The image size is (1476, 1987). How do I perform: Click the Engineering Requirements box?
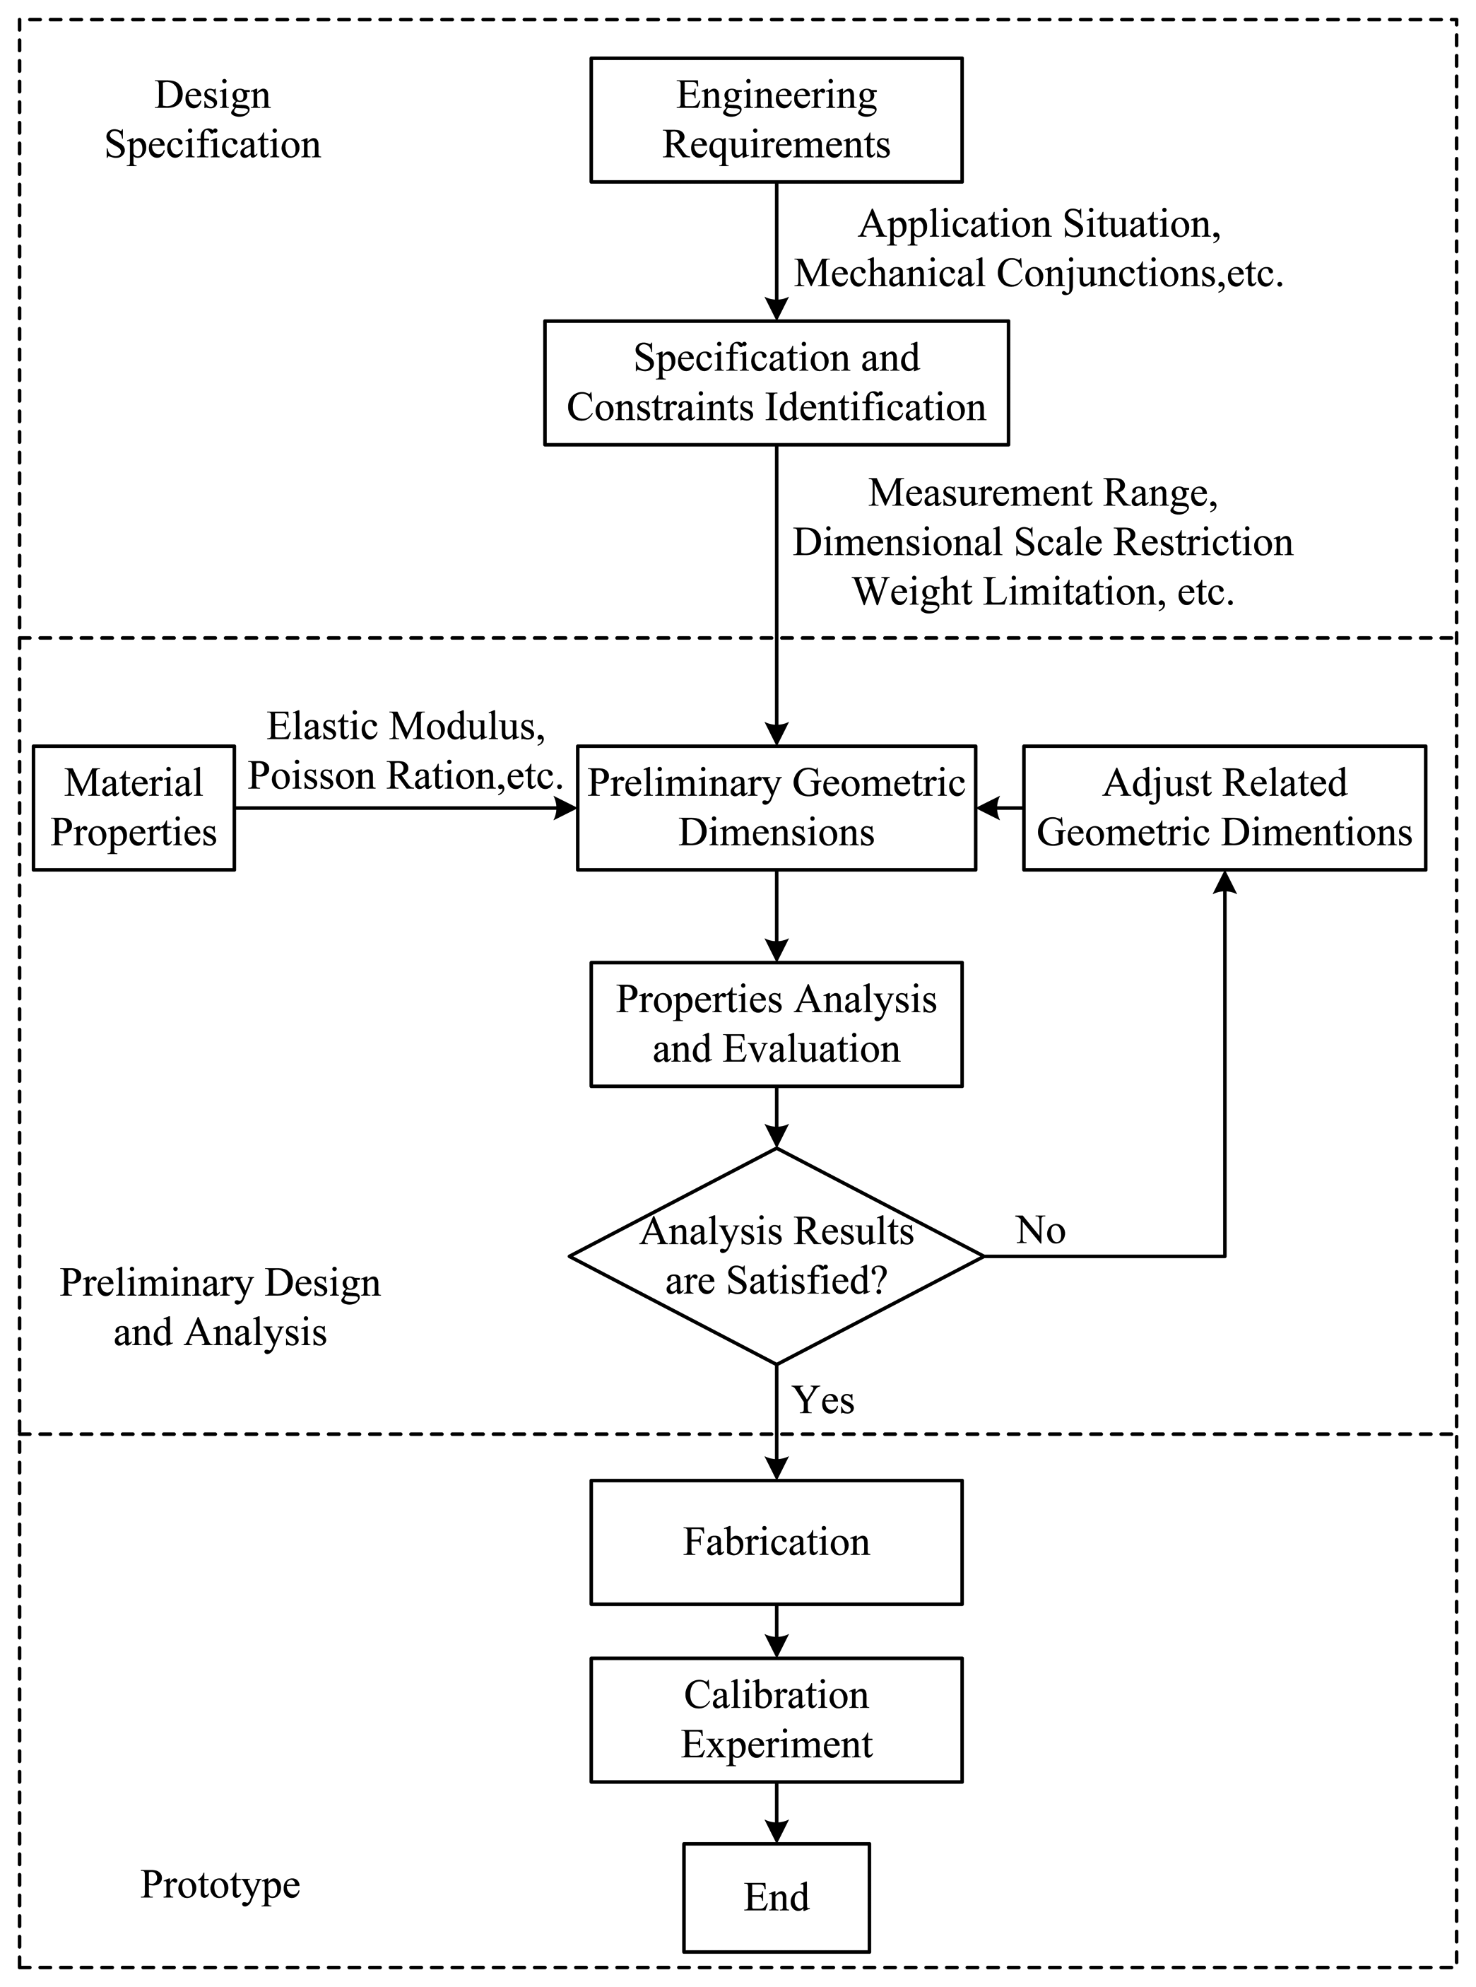[x=776, y=119]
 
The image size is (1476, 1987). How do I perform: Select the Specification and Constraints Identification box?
[x=776, y=382]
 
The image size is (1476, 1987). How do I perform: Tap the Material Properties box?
[x=134, y=807]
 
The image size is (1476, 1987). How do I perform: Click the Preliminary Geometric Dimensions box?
[x=776, y=807]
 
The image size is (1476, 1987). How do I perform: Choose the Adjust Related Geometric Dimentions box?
[x=1223, y=807]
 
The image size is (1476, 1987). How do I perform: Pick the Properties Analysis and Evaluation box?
[x=776, y=1024]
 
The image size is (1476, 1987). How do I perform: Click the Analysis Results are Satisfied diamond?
[x=776, y=1256]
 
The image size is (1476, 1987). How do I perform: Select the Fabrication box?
[x=776, y=1542]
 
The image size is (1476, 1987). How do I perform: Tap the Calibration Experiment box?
[x=776, y=1720]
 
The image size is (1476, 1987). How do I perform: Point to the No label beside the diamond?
[x=1040, y=1231]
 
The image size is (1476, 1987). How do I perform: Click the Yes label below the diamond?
[x=823, y=1400]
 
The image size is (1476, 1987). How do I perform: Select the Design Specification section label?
[x=213, y=119]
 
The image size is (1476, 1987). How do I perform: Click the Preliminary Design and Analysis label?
[x=220, y=1307]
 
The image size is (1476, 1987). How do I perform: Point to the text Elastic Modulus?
[x=406, y=726]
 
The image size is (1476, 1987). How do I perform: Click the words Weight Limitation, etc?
[x=1043, y=592]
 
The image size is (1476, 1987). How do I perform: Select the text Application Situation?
[x=1039, y=223]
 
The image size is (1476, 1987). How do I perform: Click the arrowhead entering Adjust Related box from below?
[x=1224, y=883]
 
